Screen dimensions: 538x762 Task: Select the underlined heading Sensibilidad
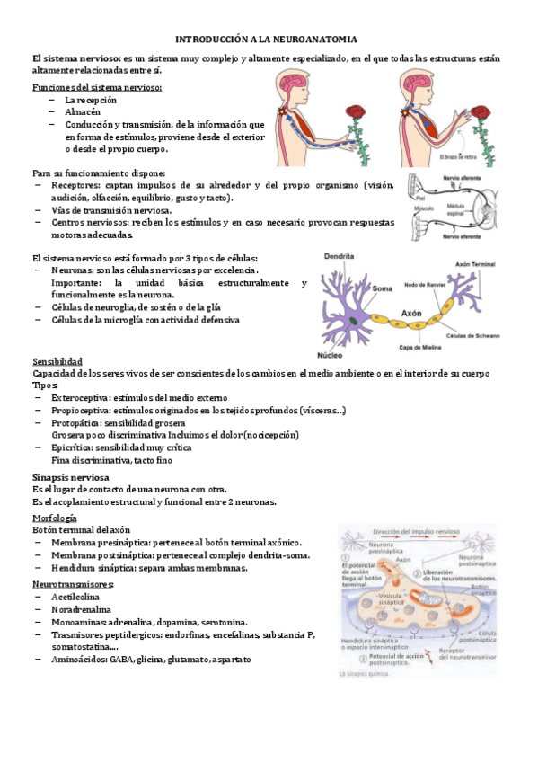[x=57, y=362]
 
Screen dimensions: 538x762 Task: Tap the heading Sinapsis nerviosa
[x=71, y=477]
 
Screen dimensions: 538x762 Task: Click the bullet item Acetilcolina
[x=75, y=597]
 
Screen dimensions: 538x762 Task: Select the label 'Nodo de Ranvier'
[x=428, y=285]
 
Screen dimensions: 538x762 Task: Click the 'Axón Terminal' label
[x=474, y=266]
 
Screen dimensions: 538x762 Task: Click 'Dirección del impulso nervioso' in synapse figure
[x=423, y=532]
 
